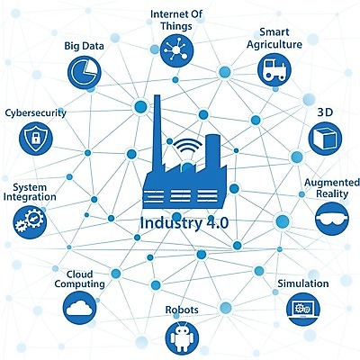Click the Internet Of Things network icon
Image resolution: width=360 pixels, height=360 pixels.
[x=176, y=50]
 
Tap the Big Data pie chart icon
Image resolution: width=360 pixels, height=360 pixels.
[x=85, y=72]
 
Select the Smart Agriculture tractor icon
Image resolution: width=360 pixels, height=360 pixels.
[x=274, y=70]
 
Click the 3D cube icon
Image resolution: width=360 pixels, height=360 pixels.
[x=325, y=139]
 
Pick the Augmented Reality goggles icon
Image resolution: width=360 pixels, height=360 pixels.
[x=332, y=219]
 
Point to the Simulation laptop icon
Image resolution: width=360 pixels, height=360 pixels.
[x=303, y=309]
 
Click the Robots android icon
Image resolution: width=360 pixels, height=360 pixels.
[x=182, y=338]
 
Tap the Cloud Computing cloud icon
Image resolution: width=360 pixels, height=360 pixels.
[x=80, y=308]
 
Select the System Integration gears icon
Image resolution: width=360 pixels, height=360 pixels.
[x=30, y=222]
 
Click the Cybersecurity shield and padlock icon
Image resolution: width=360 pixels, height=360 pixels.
[x=36, y=139]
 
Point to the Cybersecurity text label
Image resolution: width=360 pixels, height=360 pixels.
[x=35, y=113]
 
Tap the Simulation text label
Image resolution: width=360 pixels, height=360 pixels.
[x=303, y=283]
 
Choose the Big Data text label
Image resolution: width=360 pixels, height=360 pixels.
[x=85, y=46]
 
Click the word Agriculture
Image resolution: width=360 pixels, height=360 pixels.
[x=274, y=45]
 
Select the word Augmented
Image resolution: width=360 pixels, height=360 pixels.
[x=332, y=183]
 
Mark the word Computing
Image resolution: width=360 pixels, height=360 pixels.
[x=79, y=284]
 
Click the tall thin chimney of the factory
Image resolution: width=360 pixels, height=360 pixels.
[x=157, y=132]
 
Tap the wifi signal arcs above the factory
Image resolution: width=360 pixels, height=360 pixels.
[x=187, y=146]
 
